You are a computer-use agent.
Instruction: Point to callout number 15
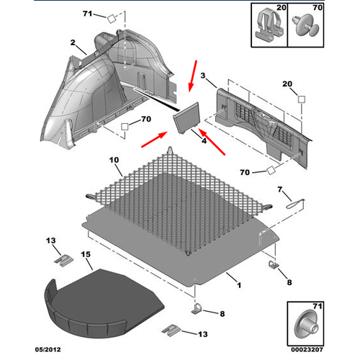(86, 255)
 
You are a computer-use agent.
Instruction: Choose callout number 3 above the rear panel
(203, 76)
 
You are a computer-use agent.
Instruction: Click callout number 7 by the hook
(281, 189)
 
